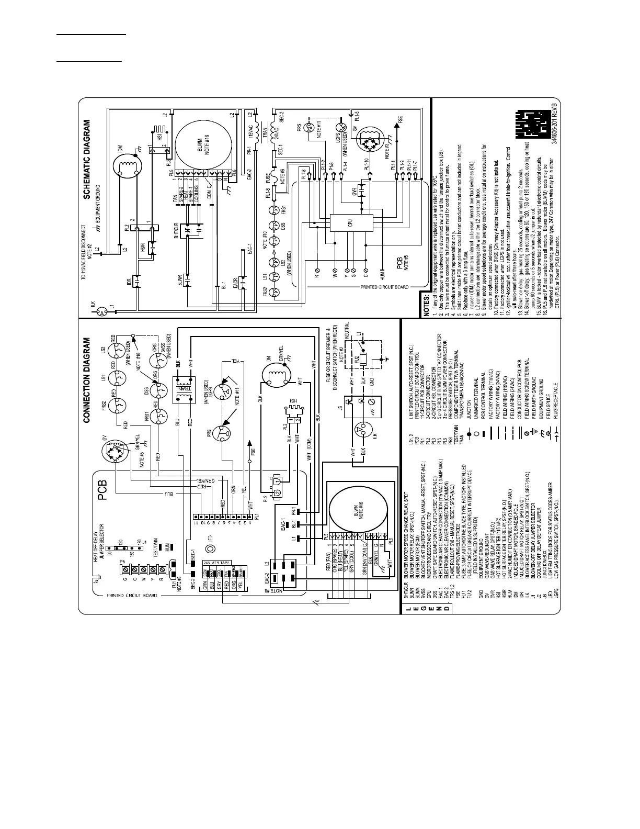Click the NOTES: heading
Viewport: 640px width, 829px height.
(x=427, y=306)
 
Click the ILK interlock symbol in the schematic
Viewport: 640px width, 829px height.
(x=103, y=310)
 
